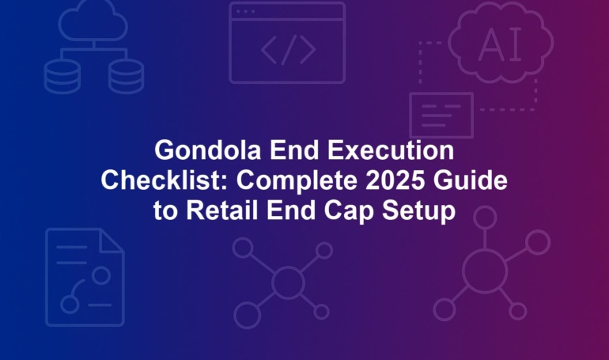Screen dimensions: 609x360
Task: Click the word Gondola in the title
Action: pyautogui.click(x=207, y=150)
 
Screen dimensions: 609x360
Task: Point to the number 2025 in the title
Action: pyautogui.click(x=395, y=180)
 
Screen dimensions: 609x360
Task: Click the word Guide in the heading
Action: pyautogui.click(x=471, y=180)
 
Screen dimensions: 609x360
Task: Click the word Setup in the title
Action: pyautogui.click(x=418, y=212)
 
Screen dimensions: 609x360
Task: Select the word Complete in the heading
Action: pyautogui.click(x=297, y=181)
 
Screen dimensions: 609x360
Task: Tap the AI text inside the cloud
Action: pyautogui.click(x=501, y=45)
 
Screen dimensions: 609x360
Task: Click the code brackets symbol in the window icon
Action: pyautogui.click(x=288, y=50)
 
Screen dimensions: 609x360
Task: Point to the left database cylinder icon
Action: pyautogui.click(x=62, y=76)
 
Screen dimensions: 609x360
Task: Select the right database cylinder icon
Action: pyautogui.click(x=127, y=76)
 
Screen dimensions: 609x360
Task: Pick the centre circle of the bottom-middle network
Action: pyautogui.click(x=288, y=282)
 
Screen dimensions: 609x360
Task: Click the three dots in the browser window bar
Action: pyautogui.click(x=245, y=12)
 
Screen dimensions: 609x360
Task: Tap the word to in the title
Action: pyautogui.click(x=165, y=212)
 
